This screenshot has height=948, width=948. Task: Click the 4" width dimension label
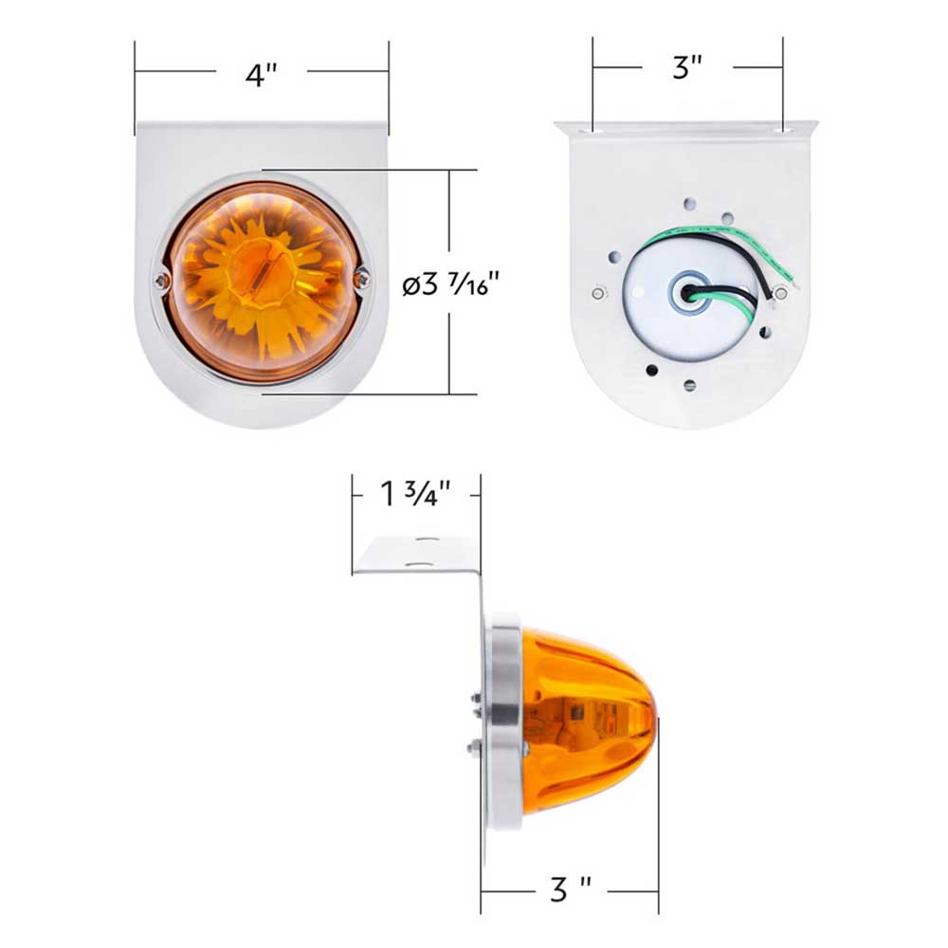pos(260,75)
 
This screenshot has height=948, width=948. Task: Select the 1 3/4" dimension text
pos(415,495)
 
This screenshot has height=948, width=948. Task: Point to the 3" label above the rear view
pos(687,68)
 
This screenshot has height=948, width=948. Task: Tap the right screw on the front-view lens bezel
pos(361,278)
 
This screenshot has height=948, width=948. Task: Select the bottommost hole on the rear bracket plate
pos(689,385)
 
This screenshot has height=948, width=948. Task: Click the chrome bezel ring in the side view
pos(504,720)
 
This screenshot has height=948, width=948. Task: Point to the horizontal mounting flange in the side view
pos(417,555)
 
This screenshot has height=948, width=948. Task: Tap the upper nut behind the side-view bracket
pos(473,701)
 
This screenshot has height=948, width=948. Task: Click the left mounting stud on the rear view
pos(598,293)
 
